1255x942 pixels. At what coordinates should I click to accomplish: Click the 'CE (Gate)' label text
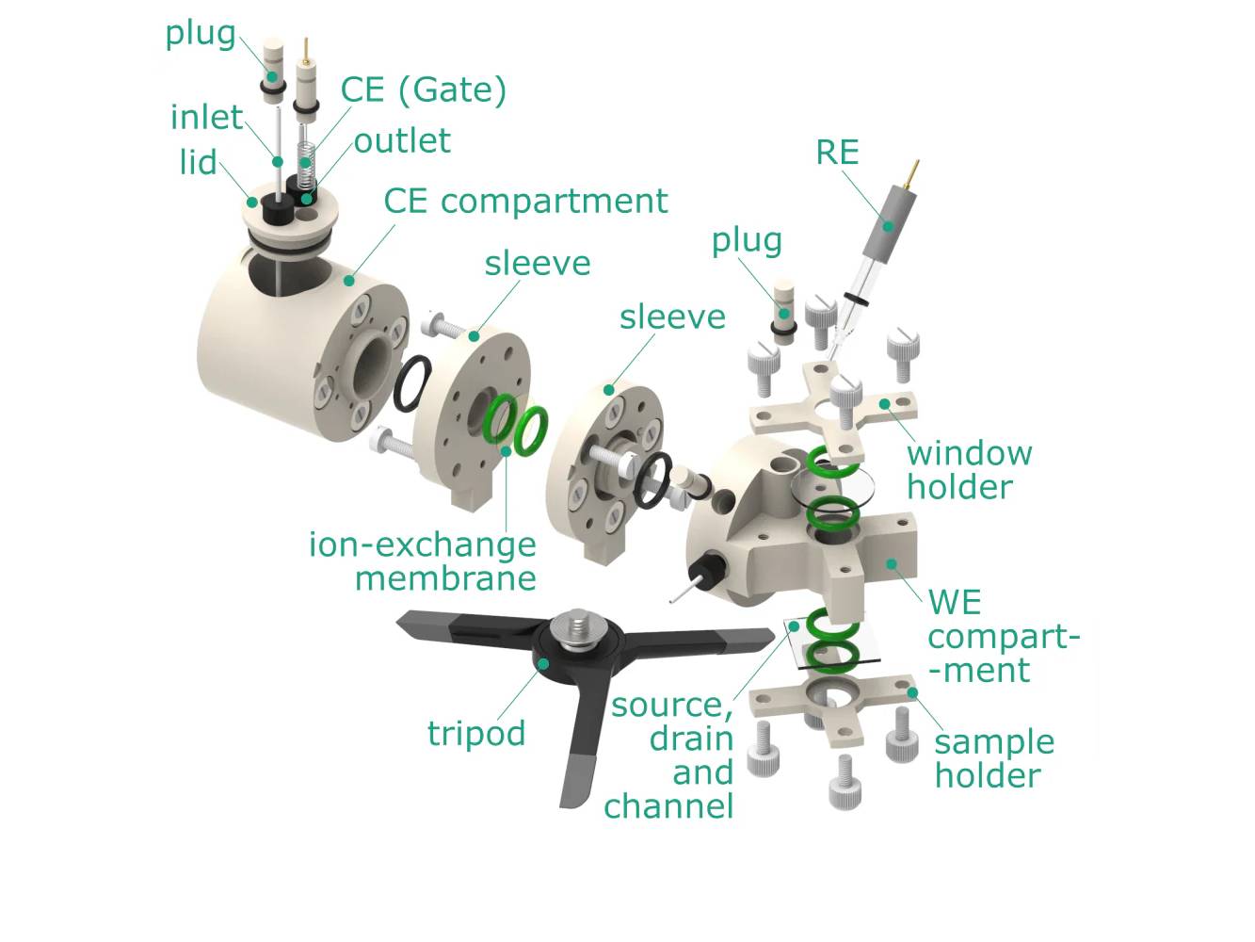(424, 90)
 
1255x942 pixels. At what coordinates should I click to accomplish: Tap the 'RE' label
(837, 153)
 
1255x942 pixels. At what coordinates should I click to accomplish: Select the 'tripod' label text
(476, 733)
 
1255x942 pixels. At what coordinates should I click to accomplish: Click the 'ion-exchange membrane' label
(423, 560)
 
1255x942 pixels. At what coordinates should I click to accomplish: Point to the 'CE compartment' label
(525, 201)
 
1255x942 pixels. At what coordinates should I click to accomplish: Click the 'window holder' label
(968, 469)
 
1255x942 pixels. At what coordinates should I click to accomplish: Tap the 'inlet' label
(206, 118)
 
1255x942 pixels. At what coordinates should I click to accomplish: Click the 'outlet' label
(402, 141)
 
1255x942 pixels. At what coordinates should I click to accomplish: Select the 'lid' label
(198, 162)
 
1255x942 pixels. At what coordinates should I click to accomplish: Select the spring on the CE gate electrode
(305, 159)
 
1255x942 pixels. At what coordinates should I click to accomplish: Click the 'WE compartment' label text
(1001, 636)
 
